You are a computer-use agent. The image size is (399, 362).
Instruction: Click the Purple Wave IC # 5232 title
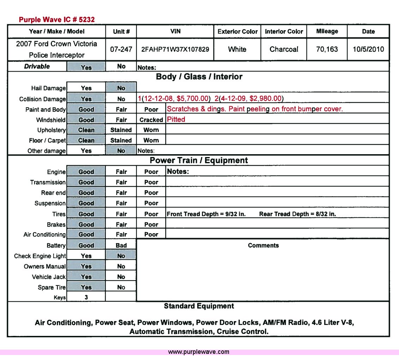57,19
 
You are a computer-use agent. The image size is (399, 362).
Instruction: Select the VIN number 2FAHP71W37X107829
175,49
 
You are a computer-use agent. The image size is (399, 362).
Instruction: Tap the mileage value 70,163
327,49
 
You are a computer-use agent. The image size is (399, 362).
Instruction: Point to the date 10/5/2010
368,49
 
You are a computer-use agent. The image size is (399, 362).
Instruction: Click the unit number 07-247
121,49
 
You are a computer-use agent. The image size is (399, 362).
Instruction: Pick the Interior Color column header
284,31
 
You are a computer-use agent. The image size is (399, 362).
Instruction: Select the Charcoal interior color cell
284,49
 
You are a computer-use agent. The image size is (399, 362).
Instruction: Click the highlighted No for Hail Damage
121,88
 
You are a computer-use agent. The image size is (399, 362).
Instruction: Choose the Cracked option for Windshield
151,120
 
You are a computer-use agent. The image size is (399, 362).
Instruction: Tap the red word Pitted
176,119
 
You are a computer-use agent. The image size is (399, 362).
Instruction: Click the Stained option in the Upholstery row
121,130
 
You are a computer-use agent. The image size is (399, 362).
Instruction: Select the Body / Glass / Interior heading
199,77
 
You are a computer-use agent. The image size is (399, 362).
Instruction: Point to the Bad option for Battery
121,245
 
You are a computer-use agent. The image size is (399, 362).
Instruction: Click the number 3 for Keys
86,297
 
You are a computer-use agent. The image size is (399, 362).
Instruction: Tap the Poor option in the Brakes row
151,224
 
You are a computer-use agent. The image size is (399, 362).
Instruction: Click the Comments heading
263,245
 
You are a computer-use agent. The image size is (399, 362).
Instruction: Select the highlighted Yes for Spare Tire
86,287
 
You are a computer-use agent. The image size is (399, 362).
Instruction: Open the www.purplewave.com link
199,352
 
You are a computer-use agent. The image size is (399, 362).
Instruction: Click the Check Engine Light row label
40,256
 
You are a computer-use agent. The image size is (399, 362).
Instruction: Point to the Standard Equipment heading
199,306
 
